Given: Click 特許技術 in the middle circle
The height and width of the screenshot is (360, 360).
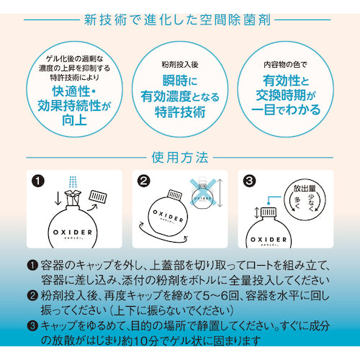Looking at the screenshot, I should pos(180,112).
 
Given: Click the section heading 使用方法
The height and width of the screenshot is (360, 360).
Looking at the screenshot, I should pos(180,156).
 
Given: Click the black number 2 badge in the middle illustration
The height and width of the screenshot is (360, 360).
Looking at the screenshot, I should pos(144,180).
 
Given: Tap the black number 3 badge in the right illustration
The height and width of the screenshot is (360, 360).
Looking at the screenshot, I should pos(249,180).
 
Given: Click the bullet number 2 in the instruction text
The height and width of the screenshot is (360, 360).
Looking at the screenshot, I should pos(32,294).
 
